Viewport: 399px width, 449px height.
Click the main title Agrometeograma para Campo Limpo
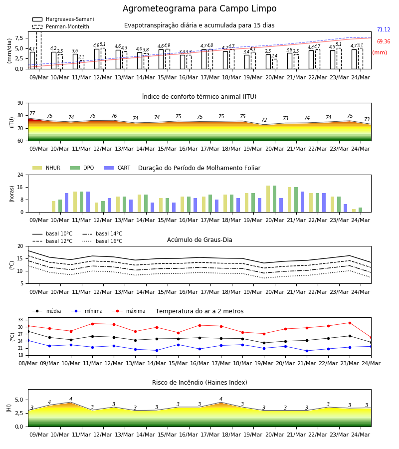click(199, 8)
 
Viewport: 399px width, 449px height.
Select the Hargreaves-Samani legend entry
click(63, 19)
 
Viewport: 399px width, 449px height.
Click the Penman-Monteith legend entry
click(61, 26)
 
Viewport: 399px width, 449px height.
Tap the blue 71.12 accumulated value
click(384, 29)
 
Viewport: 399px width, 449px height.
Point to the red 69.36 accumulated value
click(384, 41)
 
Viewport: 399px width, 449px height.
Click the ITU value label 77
click(32, 113)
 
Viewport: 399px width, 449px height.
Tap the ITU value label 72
click(264, 120)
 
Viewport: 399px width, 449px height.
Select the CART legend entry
click(117, 168)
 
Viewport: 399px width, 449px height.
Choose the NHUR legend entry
click(46, 168)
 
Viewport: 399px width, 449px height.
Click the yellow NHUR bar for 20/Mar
click(268, 199)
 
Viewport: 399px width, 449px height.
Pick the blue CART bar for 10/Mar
click(67, 203)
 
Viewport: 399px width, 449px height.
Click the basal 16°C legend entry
click(102, 241)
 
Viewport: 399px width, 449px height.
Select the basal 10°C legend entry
click(52, 233)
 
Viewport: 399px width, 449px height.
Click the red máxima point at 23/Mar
click(350, 323)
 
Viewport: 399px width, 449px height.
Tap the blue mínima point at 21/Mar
click(307, 351)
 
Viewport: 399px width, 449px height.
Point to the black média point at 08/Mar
click(28, 332)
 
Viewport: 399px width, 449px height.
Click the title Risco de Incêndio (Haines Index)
click(199, 383)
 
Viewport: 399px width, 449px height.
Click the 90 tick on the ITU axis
click(20, 103)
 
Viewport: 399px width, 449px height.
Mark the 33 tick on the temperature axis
click(20, 320)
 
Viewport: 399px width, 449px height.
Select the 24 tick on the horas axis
click(20, 175)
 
